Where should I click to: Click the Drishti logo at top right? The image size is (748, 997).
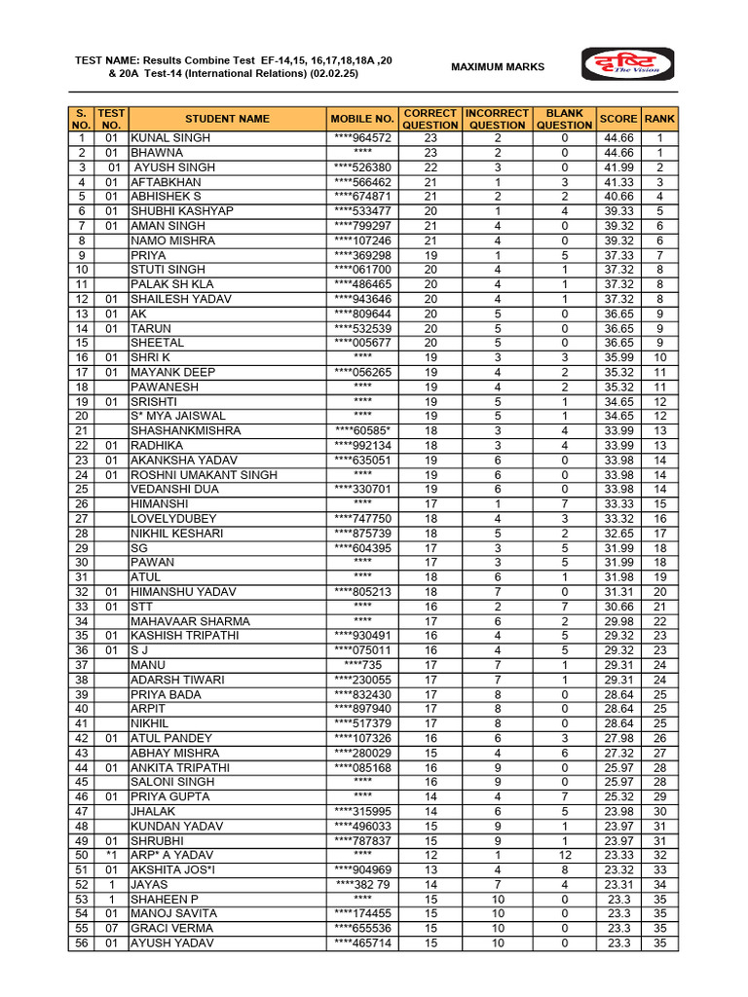627,66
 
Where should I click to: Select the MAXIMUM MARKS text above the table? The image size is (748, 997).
498,67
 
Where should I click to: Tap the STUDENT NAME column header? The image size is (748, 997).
227,119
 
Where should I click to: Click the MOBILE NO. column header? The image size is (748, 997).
362,119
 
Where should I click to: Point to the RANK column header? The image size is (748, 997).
659,119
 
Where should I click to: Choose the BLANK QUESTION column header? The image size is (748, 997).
564,119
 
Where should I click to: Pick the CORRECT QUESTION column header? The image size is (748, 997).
430,119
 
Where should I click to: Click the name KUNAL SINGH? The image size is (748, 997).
170,138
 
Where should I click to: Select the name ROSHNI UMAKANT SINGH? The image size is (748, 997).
204,475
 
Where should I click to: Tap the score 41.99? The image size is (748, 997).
618,167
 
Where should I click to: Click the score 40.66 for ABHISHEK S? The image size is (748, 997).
618,197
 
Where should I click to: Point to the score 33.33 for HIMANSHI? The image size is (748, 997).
618,504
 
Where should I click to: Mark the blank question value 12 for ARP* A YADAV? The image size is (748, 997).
564,856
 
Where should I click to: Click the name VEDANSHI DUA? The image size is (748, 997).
175,490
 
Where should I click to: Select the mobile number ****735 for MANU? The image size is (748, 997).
362,665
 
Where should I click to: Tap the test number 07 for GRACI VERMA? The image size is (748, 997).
111,929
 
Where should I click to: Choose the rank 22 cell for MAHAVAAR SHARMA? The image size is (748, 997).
659,621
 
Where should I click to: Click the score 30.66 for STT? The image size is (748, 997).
618,607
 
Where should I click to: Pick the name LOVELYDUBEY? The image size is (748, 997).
174,519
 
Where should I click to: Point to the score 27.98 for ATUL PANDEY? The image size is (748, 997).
618,738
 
